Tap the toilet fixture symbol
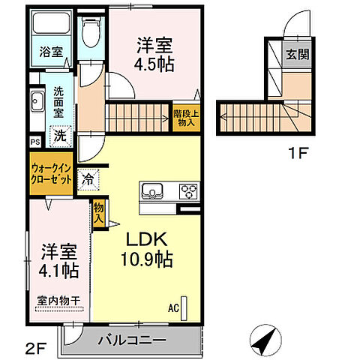click(91, 31)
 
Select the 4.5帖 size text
click(154, 64)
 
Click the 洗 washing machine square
click(58, 137)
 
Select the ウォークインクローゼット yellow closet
click(51, 174)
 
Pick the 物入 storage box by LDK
click(98, 214)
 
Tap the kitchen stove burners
click(187, 190)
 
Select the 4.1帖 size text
click(57, 267)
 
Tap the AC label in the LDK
click(173, 307)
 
